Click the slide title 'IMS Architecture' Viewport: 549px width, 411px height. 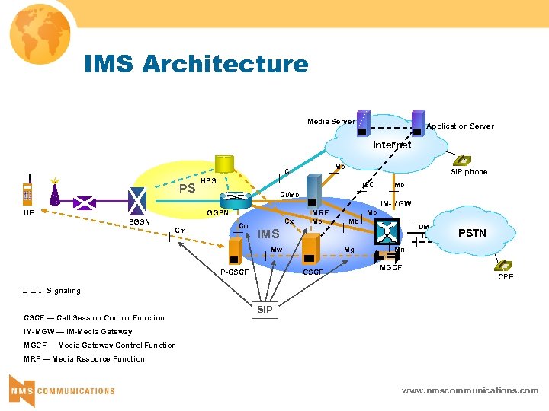(196, 63)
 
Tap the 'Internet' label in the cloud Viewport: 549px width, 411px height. (392, 145)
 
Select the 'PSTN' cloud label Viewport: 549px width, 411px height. (472, 233)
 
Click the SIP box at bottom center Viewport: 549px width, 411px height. (265, 310)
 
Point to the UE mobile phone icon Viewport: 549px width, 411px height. (27, 194)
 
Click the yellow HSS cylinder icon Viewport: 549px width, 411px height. (225, 164)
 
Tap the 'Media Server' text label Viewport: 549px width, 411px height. (330, 122)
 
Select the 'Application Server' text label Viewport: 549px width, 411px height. (460, 126)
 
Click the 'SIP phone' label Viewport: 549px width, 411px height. (469, 172)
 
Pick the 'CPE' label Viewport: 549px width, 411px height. (506, 277)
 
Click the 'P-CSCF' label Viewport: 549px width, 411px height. (234, 272)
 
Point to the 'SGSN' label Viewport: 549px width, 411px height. (140, 222)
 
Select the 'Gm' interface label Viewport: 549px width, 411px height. (181, 231)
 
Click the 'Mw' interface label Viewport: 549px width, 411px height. (276, 249)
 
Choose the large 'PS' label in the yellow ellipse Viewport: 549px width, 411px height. (187, 189)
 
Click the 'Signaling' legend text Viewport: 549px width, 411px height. (63, 291)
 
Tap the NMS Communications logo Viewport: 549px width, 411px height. (62, 390)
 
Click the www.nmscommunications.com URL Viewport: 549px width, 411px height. (470, 390)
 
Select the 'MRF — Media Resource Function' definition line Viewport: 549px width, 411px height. (84, 359)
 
